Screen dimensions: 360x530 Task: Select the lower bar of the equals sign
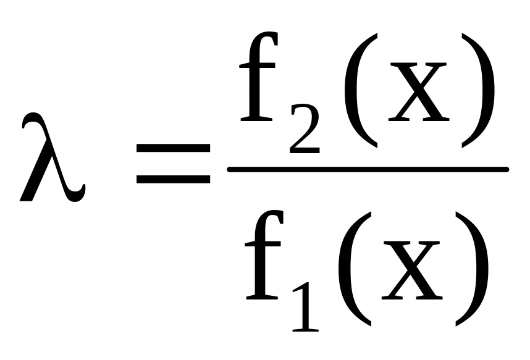click(x=174, y=180)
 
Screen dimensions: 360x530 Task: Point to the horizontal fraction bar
click(x=368, y=169)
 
